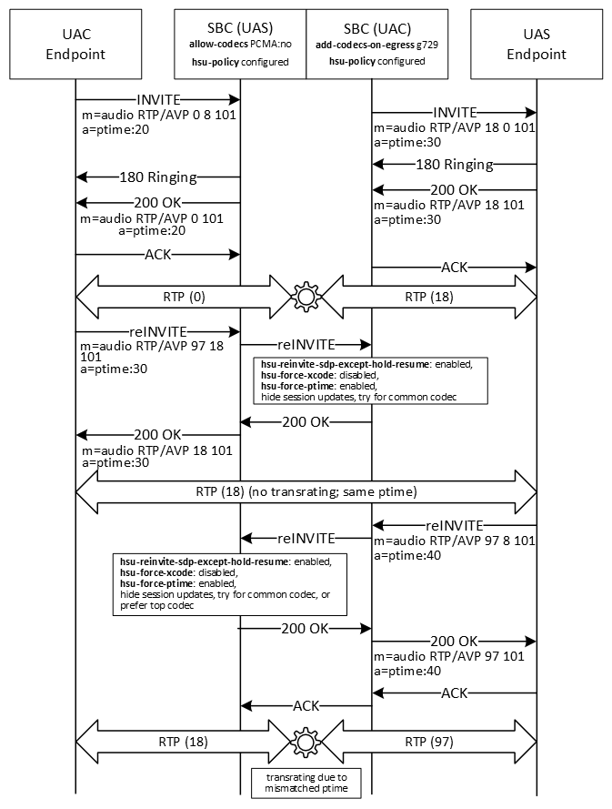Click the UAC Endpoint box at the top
[76, 44]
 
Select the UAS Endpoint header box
[537, 44]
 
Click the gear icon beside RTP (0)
[306, 296]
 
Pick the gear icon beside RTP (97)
[306, 742]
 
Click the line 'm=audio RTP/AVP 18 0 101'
[454, 127]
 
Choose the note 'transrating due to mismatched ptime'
[306, 783]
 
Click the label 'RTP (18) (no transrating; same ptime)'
[306, 492]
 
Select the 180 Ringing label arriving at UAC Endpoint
[158, 177]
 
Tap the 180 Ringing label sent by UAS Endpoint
[454, 165]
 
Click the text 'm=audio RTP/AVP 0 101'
[152, 218]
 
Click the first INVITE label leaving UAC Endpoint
[158, 98]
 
